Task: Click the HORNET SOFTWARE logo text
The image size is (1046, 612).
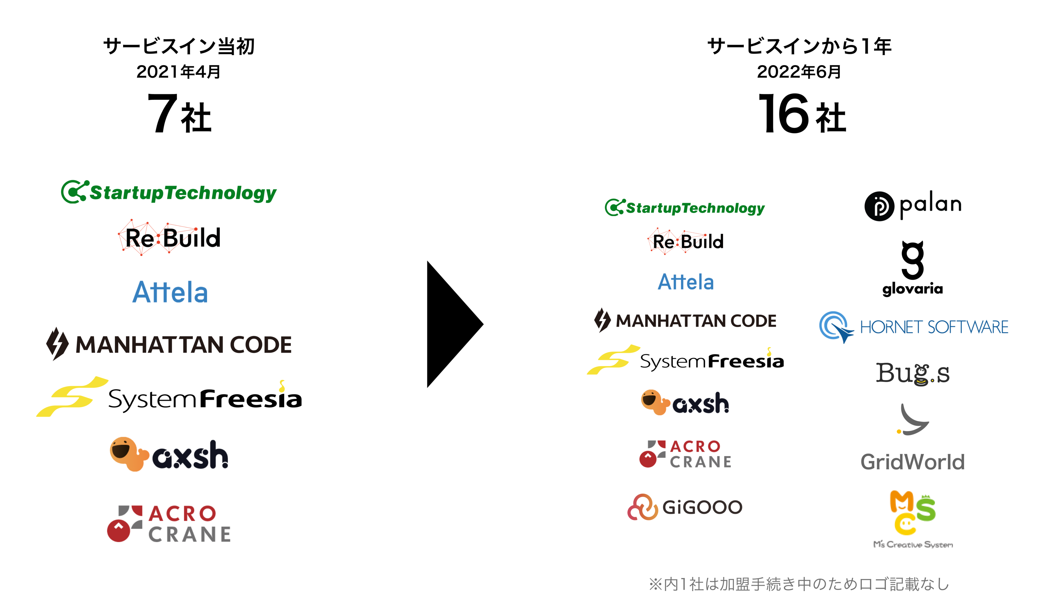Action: (x=934, y=327)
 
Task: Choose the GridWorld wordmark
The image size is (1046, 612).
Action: (x=912, y=462)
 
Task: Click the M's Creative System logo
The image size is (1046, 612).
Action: (x=912, y=519)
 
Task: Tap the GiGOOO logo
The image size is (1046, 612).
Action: (x=685, y=507)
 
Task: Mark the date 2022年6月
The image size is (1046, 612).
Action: (x=799, y=72)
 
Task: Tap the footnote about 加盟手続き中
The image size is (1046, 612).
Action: (x=799, y=584)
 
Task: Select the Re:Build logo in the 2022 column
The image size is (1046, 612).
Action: (x=686, y=242)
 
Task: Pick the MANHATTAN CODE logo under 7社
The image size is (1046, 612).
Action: (x=169, y=344)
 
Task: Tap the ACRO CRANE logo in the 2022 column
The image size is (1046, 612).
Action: (x=686, y=454)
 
